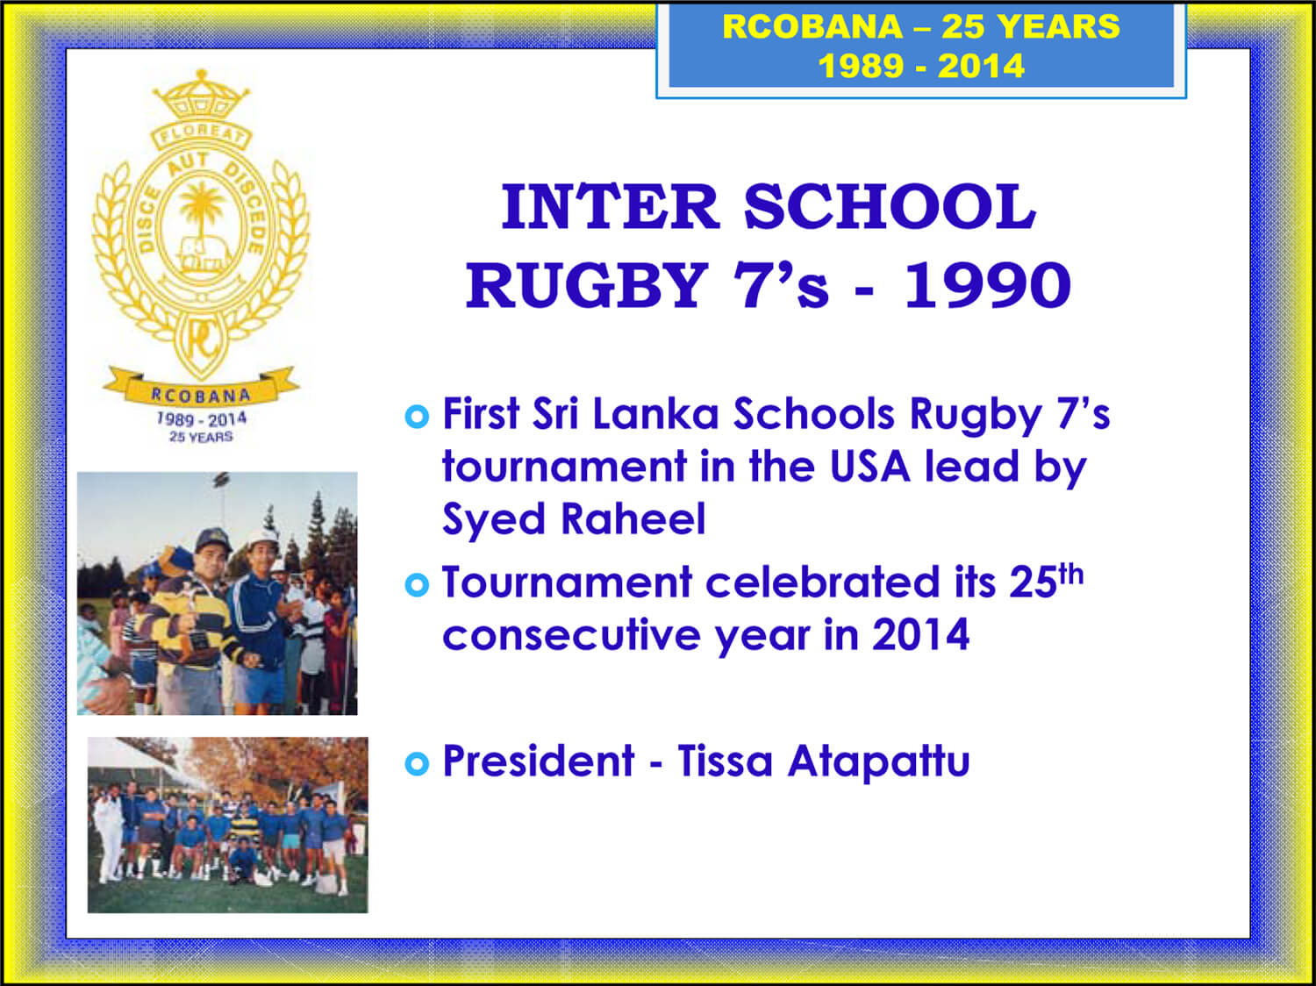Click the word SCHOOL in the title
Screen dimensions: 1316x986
890,207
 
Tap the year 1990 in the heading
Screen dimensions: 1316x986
988,285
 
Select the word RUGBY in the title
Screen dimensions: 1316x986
587,285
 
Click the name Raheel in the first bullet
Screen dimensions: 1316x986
633,518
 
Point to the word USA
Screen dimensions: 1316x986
870,467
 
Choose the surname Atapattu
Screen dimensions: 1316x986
878,761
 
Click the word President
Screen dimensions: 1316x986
538,761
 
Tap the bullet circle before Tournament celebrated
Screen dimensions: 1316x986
417,584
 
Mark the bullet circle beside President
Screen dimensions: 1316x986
417,764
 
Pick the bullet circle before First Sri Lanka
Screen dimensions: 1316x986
417,416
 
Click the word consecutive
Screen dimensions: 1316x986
571,635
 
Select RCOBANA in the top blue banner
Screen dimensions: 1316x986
812,26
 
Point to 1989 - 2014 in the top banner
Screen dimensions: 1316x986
921,66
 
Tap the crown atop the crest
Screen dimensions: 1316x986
201,94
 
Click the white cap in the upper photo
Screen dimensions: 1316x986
262,539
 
